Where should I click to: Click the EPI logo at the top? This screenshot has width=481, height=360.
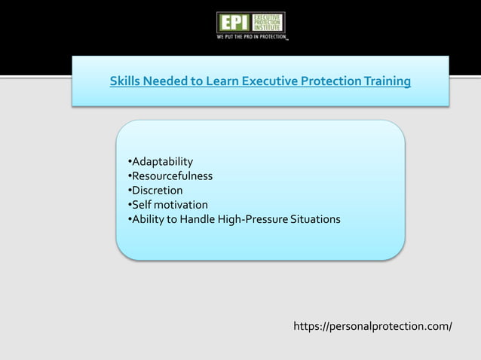pos(250,22)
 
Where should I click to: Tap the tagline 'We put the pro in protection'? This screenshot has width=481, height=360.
pos(252,35)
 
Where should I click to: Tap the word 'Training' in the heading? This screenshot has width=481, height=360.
pos(384,81)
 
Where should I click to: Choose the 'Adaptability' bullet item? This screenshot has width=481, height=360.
pos(161,162)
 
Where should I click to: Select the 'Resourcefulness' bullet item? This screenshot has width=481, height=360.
pos(171,176)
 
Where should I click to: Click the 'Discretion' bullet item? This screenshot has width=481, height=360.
pos(157,191)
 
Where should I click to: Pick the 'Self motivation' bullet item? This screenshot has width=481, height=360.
pos(169,205)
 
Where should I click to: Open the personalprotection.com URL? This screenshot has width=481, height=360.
pos(372,326)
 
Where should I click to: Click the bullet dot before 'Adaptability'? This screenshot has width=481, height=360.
pos(129,163)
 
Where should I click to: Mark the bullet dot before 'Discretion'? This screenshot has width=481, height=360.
pos(129,191)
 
